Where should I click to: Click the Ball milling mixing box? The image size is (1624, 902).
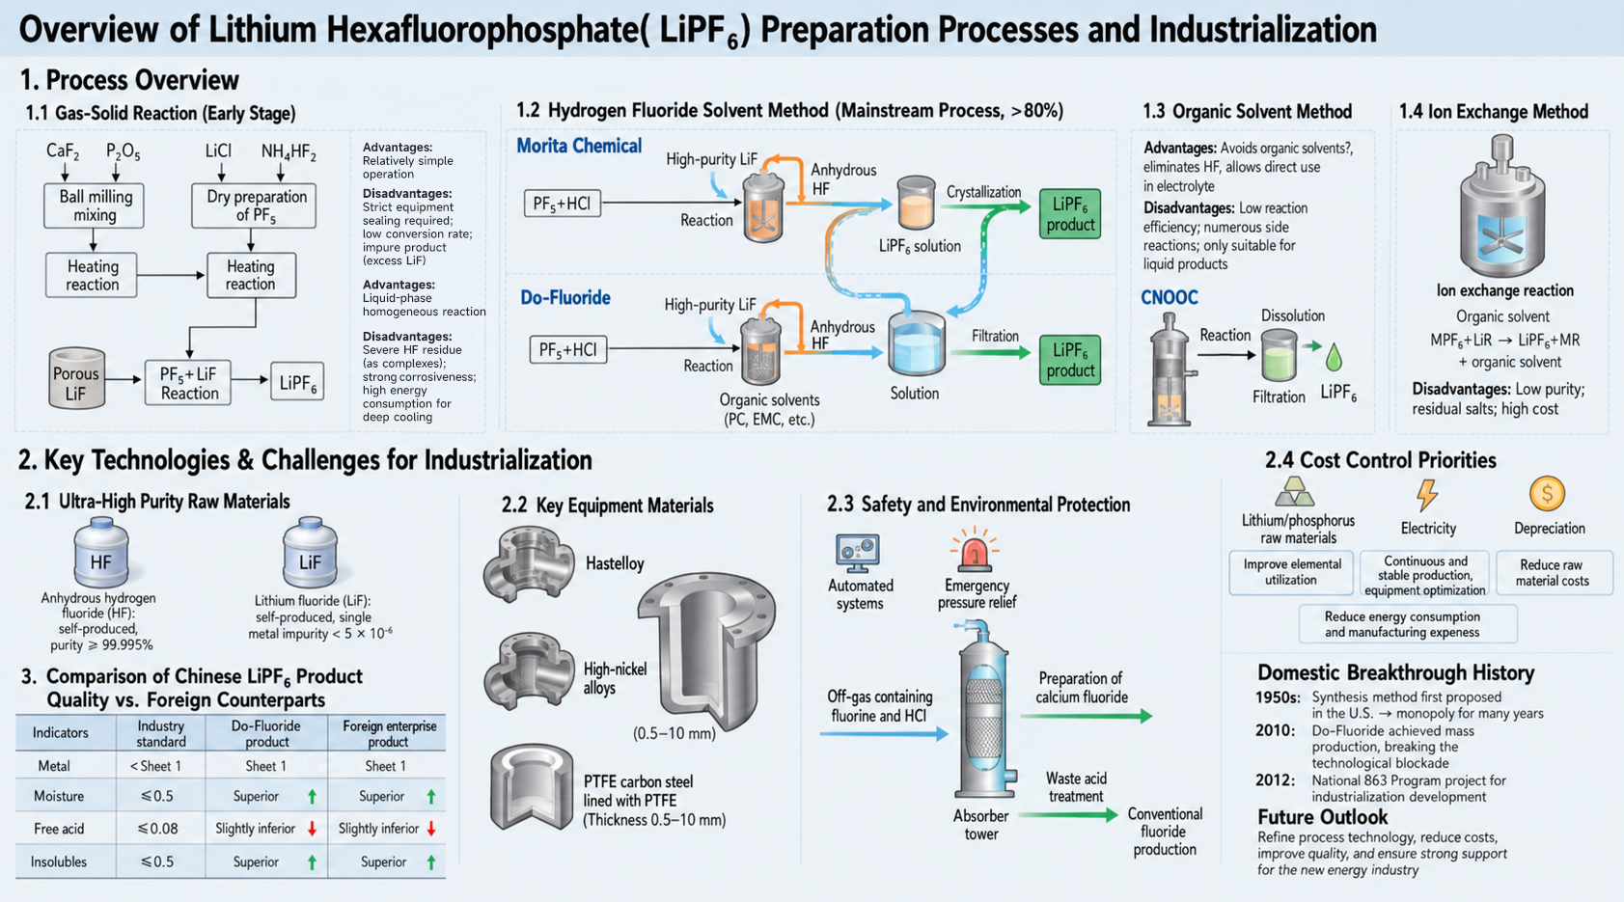(94, 205)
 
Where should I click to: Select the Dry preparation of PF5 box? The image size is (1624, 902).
(253, 205)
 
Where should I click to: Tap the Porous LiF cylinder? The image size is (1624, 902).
(76, 378)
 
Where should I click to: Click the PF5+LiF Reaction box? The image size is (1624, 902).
(188, 383)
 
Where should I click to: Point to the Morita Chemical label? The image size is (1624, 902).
(579, 146)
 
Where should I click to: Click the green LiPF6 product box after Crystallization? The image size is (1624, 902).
(1070, 214)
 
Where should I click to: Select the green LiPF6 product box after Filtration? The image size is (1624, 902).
(1070, 360)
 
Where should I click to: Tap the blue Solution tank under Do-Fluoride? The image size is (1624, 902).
(917, 343)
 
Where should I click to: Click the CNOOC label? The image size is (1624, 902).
(1169, 297)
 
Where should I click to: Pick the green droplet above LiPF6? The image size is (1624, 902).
(1334, 358)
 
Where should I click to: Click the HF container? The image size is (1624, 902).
(100, 553)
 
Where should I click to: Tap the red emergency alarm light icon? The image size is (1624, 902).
(975, 550)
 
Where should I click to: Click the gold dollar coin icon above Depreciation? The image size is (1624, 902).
(1547, 494)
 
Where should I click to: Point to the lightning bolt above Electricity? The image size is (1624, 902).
(1427, 495)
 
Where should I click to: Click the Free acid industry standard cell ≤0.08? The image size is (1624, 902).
(157, 828)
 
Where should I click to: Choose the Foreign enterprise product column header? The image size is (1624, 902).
(389, 733)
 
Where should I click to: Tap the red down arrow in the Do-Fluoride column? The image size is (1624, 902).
(313, 828)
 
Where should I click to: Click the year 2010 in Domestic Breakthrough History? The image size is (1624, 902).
(1276, 730)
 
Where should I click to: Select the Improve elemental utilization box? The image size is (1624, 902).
(1291, 572)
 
